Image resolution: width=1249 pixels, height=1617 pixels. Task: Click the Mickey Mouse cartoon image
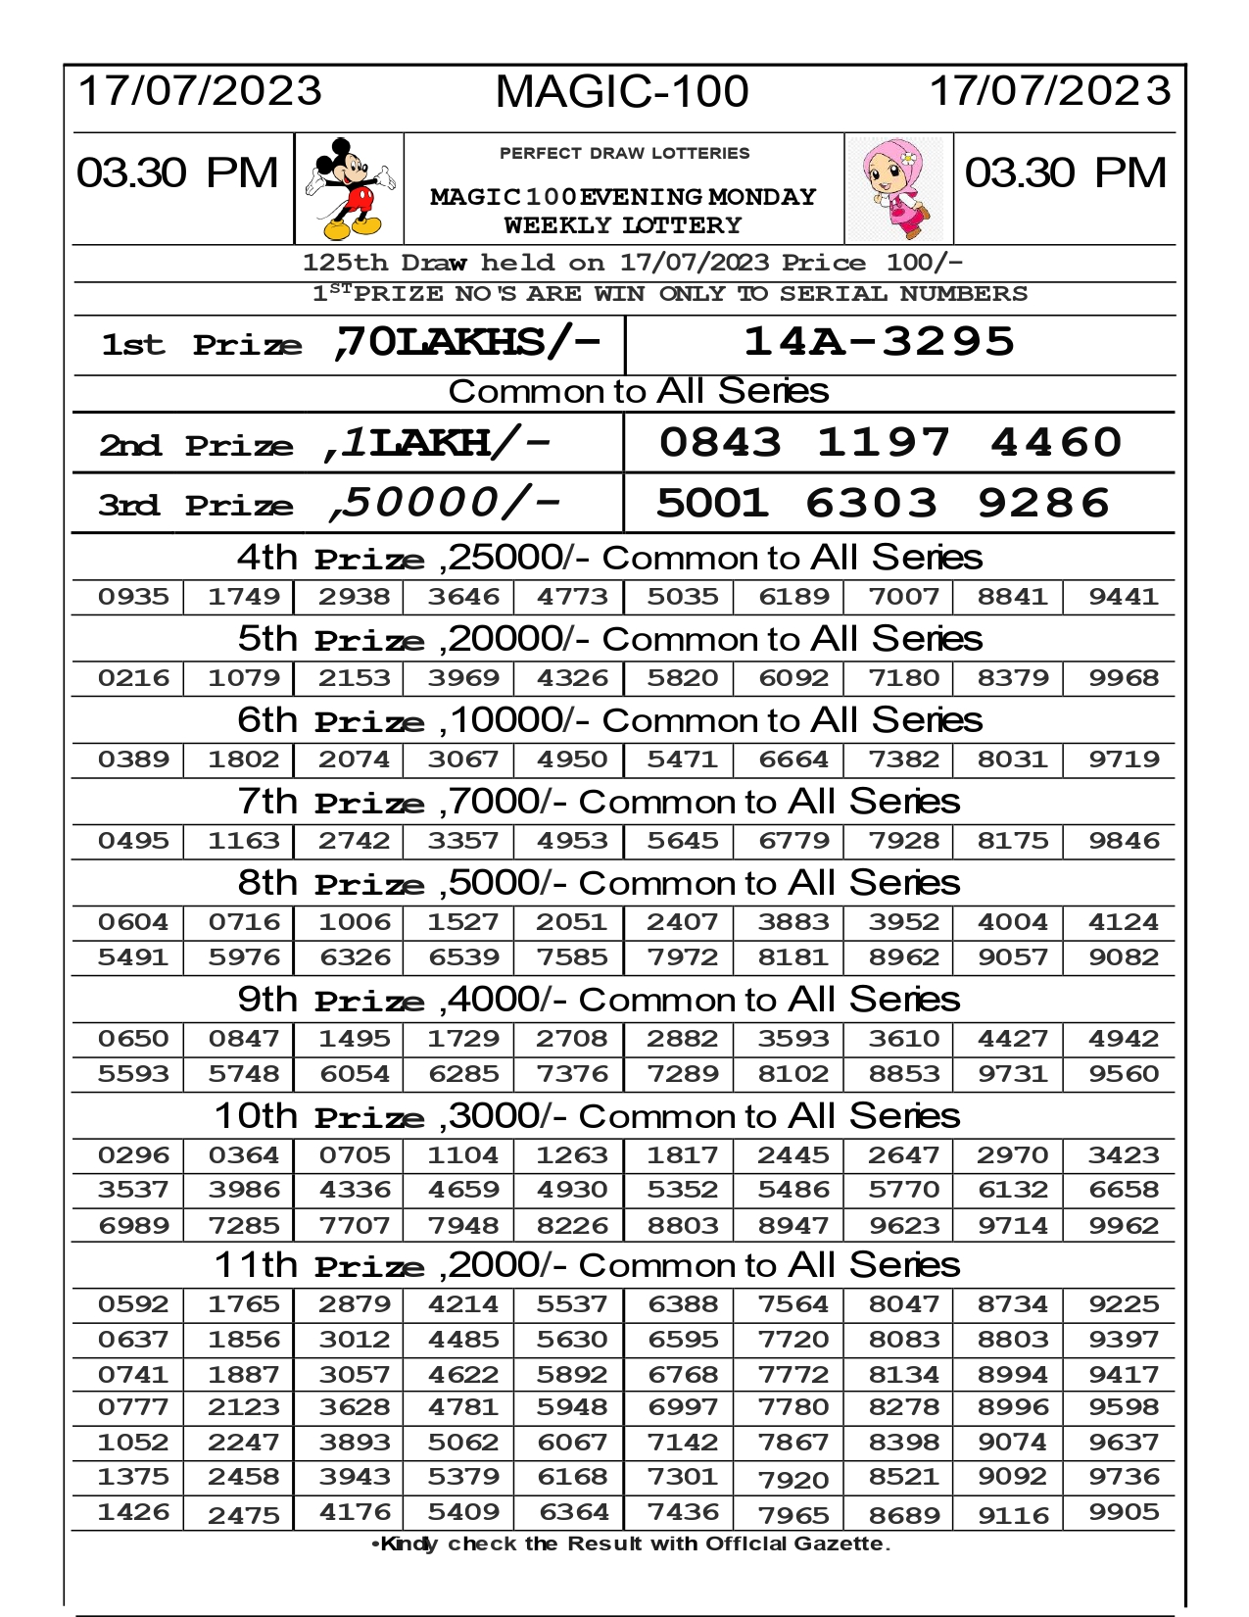pyautogui.click(x=349, y=188)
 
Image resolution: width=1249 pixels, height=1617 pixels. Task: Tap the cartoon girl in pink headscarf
pyautogui.click(x=898, y=188)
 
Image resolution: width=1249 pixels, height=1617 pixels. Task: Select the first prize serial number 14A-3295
pyautogui.click(x=879, y=342)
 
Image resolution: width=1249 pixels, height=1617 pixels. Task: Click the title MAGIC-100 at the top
pyautogui.click(x=622, y=92)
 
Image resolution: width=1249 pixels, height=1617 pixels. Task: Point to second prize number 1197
pyautogui.click(x=884, y=442)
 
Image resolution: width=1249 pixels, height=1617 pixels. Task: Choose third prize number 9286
pyautogui.click(x=1043, y=503)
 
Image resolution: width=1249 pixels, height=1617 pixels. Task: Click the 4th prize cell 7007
pyautogui.click(x=903, y=597)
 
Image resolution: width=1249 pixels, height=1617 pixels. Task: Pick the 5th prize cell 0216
pyautogui.click(x=133, y=678)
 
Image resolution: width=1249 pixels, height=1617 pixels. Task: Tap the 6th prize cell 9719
pyautogui.click(x=1124, y=759)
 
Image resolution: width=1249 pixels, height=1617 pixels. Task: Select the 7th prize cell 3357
pyautogui.click(x=463, y=841)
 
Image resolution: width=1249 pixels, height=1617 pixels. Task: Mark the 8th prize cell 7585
pyautogui.click(x=572, y=957)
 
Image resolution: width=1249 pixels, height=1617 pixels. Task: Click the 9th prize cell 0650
pyautogui.click(x=133, y=1039)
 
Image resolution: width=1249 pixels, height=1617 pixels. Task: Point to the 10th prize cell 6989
pyautogui.click(x=133, y=1225)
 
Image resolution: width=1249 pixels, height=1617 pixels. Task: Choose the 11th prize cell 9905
pyautogui.click(x=1124, y=1512)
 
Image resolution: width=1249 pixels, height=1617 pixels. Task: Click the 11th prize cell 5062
pyautogui.click(x=463, y=1442)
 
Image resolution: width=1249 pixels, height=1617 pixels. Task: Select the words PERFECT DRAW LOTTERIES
pyautogui.click(x=624, y=154)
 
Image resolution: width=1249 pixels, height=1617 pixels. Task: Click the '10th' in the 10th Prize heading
pyautogui.click(x=256, y=1116)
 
